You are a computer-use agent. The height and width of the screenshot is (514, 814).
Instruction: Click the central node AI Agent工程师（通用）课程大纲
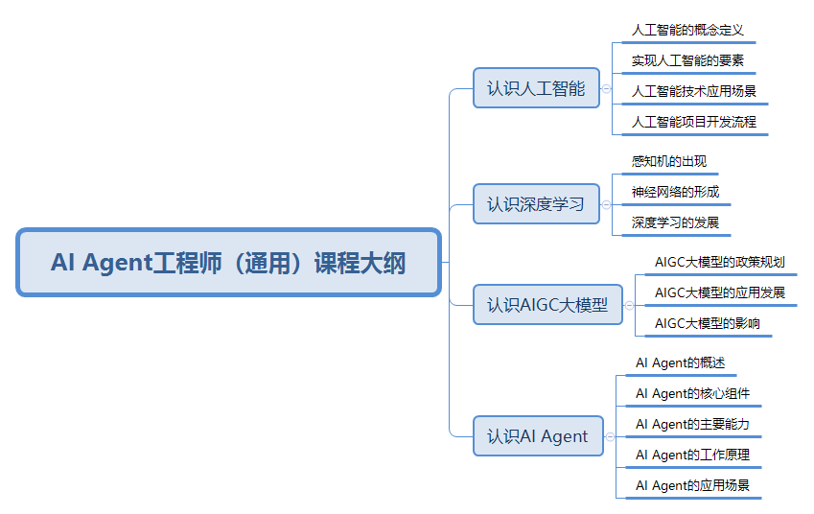click(x=228, y=263)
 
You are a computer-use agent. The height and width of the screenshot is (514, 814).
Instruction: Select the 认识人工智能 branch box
click(x=535, y=88)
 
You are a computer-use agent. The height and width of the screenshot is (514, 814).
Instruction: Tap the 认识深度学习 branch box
click(x=535, y=203)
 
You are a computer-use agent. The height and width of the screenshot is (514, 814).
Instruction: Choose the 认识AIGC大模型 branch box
click(x=547, y=305)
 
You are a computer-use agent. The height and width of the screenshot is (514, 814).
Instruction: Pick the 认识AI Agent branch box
click(x=537, y=436)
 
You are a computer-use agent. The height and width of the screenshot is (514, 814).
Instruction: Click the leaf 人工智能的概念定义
click(x=687, y=30)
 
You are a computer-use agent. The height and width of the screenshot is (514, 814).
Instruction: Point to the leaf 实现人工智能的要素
click(x=687, y=60)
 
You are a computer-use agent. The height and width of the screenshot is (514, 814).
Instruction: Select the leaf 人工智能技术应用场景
click(x=694, y=92)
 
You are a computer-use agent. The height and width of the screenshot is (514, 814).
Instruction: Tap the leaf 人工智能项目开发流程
click(x=694, y=122)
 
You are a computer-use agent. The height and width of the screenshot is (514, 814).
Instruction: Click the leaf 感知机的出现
click(x=669, y=161)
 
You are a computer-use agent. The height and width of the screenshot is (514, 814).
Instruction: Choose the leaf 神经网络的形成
click(x=675, y=192)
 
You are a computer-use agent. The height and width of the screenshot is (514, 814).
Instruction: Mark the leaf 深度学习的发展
click(x=675, y=222)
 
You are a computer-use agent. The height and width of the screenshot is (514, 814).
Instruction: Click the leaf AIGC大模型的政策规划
click(x=719, y=262)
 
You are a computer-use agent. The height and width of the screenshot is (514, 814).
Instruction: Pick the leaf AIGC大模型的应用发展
click(x=719, y=292)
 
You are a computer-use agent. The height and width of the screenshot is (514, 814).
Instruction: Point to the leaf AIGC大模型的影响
click(x=708, y=323)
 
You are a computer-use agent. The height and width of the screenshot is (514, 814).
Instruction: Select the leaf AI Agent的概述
click(x=680, y=363)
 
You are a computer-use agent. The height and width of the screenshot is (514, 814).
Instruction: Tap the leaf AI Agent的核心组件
click(x=692, y=393)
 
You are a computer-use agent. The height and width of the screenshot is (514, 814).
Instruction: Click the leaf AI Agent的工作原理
click(x=692, y=455)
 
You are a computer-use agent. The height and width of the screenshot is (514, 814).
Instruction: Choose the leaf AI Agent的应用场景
click(x=692, y=485)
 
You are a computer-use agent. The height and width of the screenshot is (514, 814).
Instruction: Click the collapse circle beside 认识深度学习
click(x=607, y=203)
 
